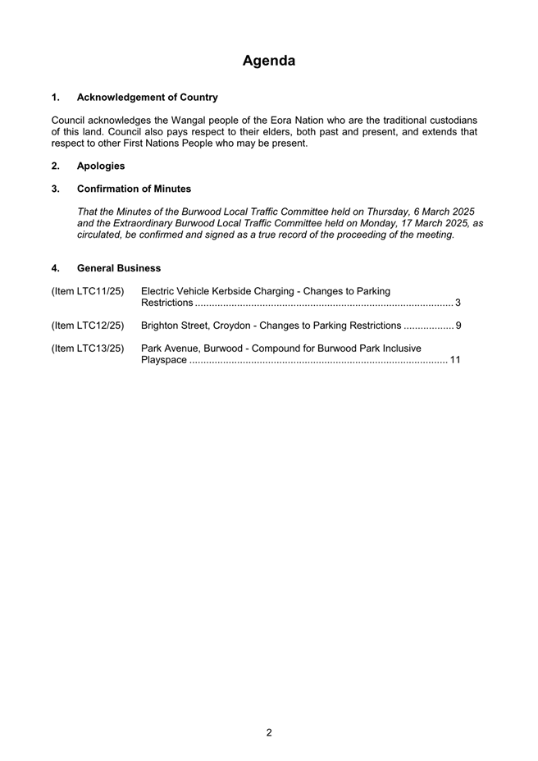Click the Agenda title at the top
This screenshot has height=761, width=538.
coord(269,61)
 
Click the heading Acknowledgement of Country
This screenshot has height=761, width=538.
coord(148,97)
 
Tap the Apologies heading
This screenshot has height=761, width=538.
coord(101,166)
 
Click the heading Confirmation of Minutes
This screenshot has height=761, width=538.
coord(134,189)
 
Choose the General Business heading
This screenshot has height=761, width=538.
coord(119,268)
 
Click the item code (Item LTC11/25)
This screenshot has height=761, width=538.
coord(88,291)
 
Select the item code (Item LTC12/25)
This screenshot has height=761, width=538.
coord(88,326)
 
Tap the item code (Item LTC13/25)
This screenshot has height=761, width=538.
coord(88,349)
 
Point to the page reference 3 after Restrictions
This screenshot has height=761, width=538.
coord(458,303)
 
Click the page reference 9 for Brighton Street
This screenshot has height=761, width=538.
coord(458,326)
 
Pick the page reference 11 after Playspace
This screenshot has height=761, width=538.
coord(455,360)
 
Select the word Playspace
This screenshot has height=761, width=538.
coord(164,360)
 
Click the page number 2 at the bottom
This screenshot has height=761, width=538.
coord(269,732)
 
